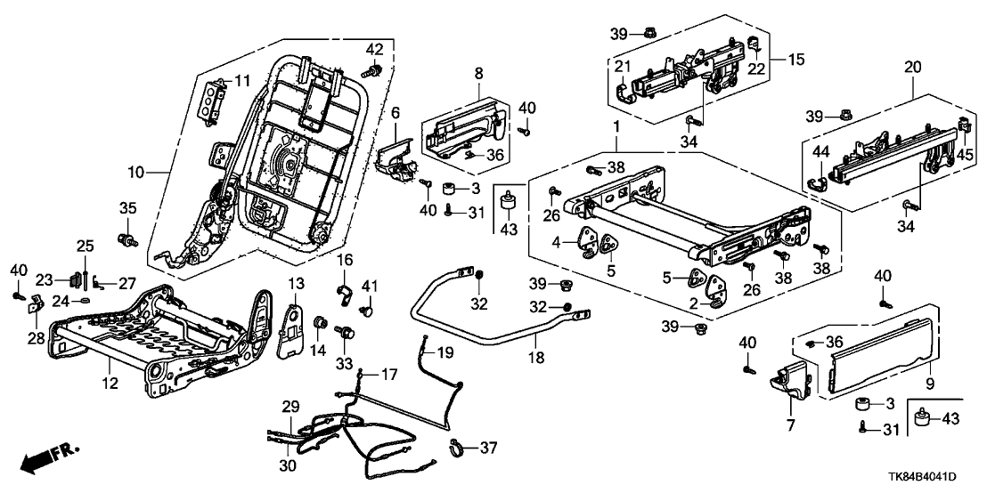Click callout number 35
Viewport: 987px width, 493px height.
click(127, 208)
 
